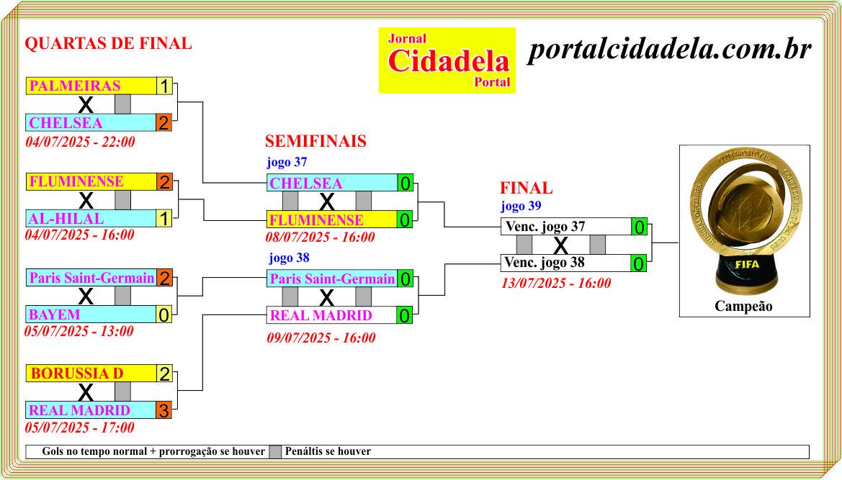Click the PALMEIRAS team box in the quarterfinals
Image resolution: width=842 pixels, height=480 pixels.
(91, 86)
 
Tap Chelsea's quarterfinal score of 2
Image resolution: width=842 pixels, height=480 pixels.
(164, 123)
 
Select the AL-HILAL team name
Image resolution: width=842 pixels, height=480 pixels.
(66, 218)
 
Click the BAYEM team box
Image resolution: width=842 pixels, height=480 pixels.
(91, 314)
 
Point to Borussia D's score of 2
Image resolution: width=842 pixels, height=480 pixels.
(164, 373)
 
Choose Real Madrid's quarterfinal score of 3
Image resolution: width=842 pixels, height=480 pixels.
(164, 410)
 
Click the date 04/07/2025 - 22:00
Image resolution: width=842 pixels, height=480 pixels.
(80, 142)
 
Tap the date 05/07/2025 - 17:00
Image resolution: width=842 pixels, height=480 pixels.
(79, 427)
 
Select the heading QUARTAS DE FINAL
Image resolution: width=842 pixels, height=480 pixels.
(109, 43)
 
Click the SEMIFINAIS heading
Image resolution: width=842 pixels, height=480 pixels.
(315, 141)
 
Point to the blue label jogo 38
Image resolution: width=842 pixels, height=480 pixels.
(289, 258)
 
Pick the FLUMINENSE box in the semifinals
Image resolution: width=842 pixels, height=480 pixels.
(332, 219)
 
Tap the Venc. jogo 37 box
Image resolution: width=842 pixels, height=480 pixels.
(566, 226)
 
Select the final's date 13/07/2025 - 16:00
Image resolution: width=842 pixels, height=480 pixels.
(556, 283)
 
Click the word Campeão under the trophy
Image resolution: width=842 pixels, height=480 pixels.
(744, 307)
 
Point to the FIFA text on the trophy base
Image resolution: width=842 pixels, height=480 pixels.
(747, 264)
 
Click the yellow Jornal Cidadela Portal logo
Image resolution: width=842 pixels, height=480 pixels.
(447, 60)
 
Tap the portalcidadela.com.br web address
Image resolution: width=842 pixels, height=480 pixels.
(669, 50)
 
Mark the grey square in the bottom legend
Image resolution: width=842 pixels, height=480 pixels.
(275, 452)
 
